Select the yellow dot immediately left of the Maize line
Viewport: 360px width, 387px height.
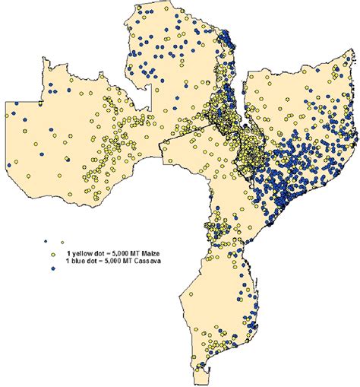(x=54, y=253)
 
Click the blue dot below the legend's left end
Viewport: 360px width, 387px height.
(x=54, y=268)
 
